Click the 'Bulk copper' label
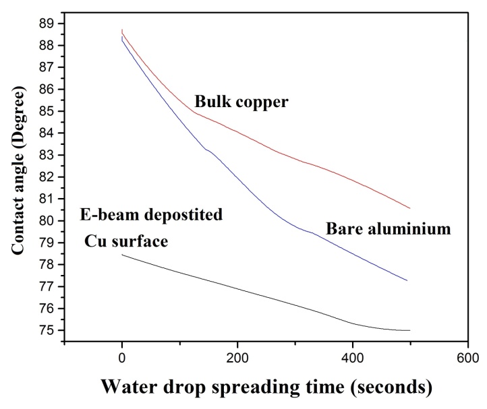point(241,102)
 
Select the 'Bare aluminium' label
point(388,229)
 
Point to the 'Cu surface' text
point(125,241)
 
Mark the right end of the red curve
point(409,208)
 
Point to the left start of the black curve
point(121,255)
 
